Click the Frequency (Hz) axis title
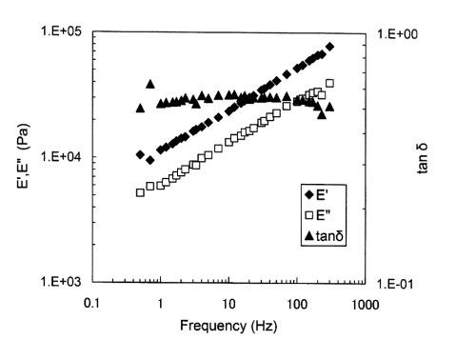pyautogui.click(x=226, y=327)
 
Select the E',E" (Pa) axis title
pyautogui.click(x=20, y=156)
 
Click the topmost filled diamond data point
pyautogui.click(x=329, y=47)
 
